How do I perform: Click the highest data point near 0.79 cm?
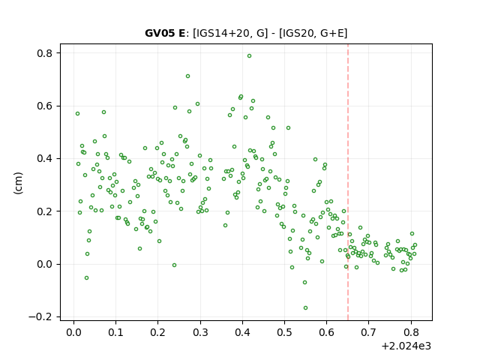pyautogui.click(x=250, y=56)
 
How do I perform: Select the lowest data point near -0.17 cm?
pyautogui.click(x=305, y=308)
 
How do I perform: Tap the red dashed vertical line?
pyautogui.click(x=348, y=182)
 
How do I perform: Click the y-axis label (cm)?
pyautogui.click(x=18, y=183)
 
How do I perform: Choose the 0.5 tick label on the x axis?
pyautogui.click(x=285, y=332)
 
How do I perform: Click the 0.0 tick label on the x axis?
pyautogui.click(x=73, y=332)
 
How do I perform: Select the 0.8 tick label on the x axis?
pyautogui.click(x=411, y=332)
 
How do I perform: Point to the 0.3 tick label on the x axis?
pyautogui.click(x=200, y=332)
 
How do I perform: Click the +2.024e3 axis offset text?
pyautogui.click(x=406, y=346)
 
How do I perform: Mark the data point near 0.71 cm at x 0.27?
pyautogui.click(x=188, y=76)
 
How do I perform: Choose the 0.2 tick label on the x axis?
pyautogui.click(x=158, y=332)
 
